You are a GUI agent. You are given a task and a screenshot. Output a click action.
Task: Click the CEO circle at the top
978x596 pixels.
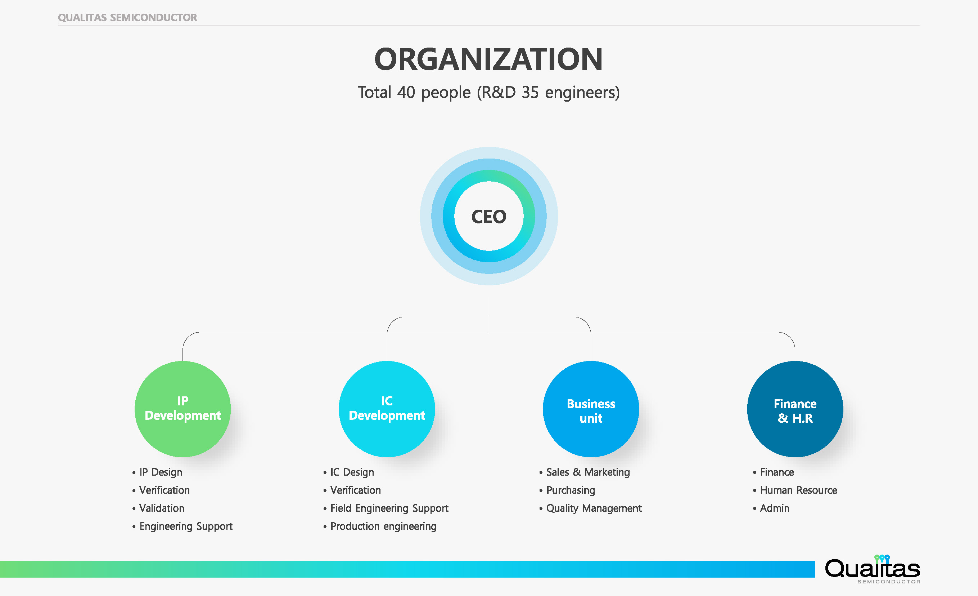[x=488, y=216]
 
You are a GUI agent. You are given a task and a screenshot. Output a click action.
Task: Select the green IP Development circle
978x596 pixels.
[x=182, y=409]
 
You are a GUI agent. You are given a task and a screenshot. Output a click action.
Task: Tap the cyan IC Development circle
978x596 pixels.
[x=387, y=409]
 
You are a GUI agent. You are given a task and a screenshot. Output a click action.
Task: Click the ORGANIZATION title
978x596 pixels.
[x=488, y=59]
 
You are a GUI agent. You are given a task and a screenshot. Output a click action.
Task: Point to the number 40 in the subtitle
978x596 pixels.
[x=406, y=92]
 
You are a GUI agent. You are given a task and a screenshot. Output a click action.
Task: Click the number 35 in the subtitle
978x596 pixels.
[x=530, y=92]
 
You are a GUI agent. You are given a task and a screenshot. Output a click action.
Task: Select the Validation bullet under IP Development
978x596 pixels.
[x=162, y=508]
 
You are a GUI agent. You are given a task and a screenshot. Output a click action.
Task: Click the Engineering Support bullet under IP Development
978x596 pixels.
[x=186, y=526]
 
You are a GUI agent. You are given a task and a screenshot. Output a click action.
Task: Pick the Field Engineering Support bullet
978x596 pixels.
[x=389, y=508]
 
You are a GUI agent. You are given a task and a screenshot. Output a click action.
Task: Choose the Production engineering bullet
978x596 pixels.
[x=383, y=526]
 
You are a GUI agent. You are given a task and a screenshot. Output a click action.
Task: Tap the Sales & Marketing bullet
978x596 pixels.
[x=587, y=472]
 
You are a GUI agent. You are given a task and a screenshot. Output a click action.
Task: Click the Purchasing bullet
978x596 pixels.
[x=571, y=490]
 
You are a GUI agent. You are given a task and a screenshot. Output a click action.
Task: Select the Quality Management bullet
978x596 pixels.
[x=594, y=508]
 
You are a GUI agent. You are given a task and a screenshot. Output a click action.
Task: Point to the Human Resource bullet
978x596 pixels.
[x=798, y=490]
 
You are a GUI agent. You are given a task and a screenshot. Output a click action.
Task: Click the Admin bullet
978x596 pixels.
[x=774, y=508]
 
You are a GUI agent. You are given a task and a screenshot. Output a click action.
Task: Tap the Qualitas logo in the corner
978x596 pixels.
[x=873, y=569]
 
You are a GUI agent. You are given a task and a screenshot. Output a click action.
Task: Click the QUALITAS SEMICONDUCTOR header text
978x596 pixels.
[x=127, y=18]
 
